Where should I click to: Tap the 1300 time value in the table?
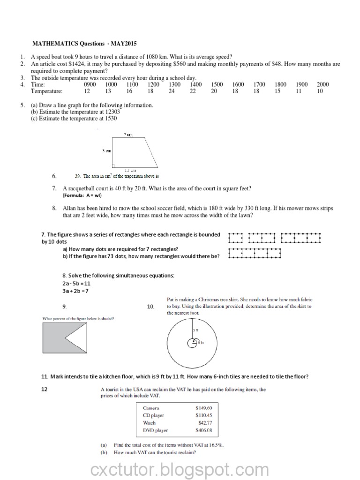click(174, 84)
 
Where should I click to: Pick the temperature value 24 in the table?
click(172, 91)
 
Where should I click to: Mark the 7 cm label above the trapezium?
click(128, 135)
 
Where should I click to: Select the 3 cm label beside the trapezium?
click(106, 150)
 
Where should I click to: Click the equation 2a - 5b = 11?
click(76, 284)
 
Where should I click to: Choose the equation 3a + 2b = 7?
click(75, 291)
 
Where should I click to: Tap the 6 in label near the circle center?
click(200, 343)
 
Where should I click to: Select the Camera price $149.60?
click(204, 408)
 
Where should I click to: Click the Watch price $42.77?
click(206, 422)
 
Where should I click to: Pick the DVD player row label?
click(155, 430)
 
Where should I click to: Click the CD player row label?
click(153, 415)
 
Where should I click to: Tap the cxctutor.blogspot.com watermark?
click(180, 469)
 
